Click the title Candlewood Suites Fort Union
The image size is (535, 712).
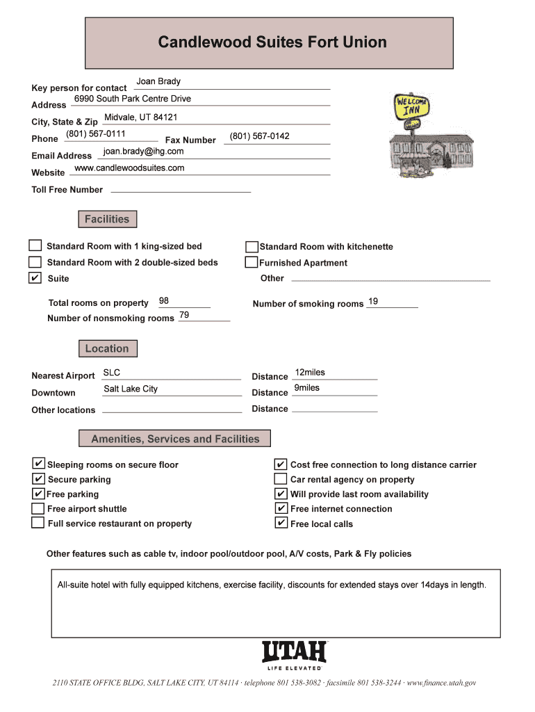(272, 42)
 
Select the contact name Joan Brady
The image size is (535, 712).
(158, 82)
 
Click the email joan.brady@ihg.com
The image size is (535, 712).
(143, 151)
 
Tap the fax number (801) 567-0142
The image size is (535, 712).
(259, 136)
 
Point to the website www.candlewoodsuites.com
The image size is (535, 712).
(129, 168)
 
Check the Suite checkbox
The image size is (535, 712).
(35, 278)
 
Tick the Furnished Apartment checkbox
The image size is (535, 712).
(252, 262)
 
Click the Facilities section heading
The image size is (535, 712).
(107, 220)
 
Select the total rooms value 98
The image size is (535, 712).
(164, 301)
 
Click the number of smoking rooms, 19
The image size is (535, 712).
(373, 301)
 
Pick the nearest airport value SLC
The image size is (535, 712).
(112, 373)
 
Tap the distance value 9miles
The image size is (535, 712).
(306, 388)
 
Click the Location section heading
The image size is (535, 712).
(107, 348)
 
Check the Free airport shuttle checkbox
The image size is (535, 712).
(38, 508)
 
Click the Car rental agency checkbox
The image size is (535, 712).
(281, 479)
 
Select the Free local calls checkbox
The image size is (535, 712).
(281, 523)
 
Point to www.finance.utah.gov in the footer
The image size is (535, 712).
(441, 683)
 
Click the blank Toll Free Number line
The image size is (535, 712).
(181, 189)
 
